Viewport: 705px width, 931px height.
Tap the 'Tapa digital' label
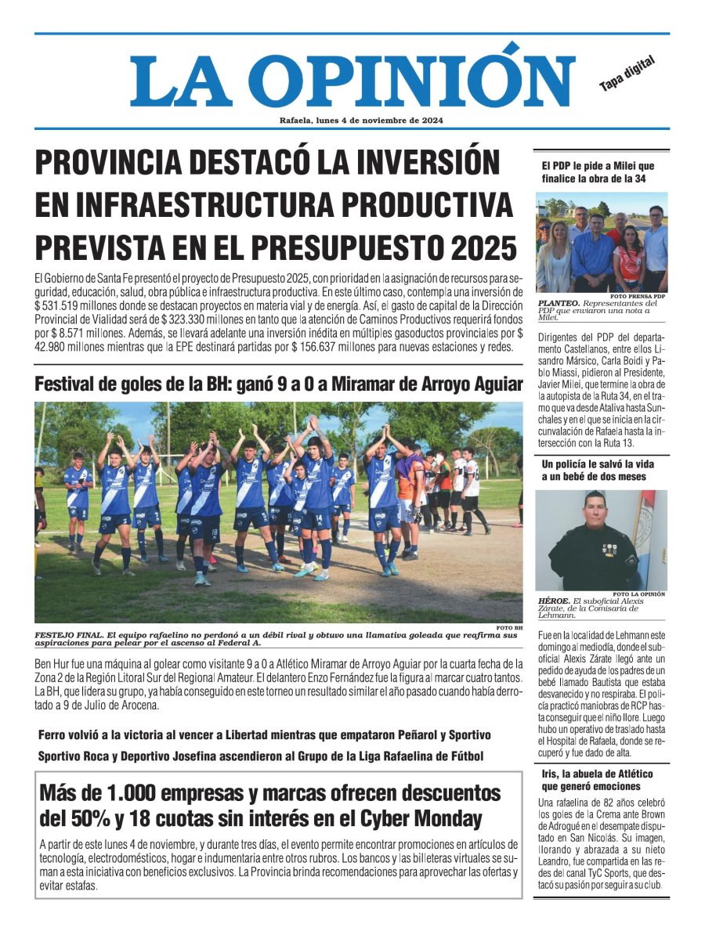(627, 74)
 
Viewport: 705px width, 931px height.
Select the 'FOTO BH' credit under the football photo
(509, 627)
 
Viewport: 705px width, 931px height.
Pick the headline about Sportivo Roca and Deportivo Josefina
(261, 756)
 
